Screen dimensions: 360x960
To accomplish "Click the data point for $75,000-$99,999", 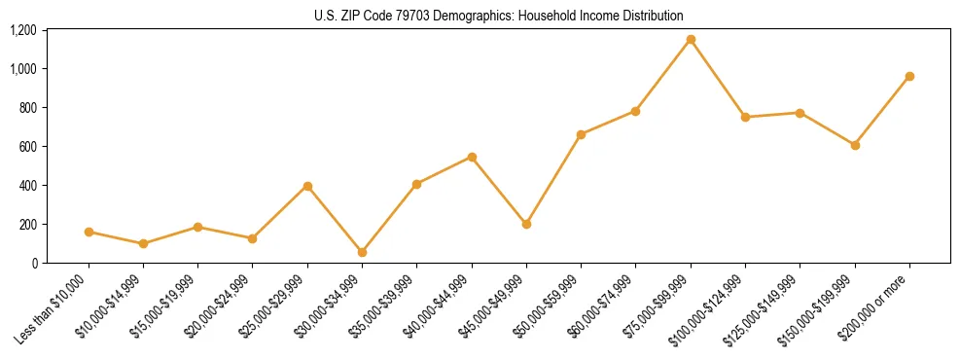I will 691,39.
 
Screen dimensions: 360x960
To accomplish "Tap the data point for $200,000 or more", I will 909,76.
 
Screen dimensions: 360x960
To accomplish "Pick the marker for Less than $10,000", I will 89,232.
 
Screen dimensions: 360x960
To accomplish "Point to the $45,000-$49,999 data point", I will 526,224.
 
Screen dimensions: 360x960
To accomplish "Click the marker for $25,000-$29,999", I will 307,186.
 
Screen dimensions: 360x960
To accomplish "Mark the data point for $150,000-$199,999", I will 855,145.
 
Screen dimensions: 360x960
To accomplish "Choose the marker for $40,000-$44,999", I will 472,157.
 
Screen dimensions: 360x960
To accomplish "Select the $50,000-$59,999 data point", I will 581,134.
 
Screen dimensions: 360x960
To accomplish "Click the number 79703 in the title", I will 397,17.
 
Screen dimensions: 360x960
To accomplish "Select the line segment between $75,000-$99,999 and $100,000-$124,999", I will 718,78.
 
